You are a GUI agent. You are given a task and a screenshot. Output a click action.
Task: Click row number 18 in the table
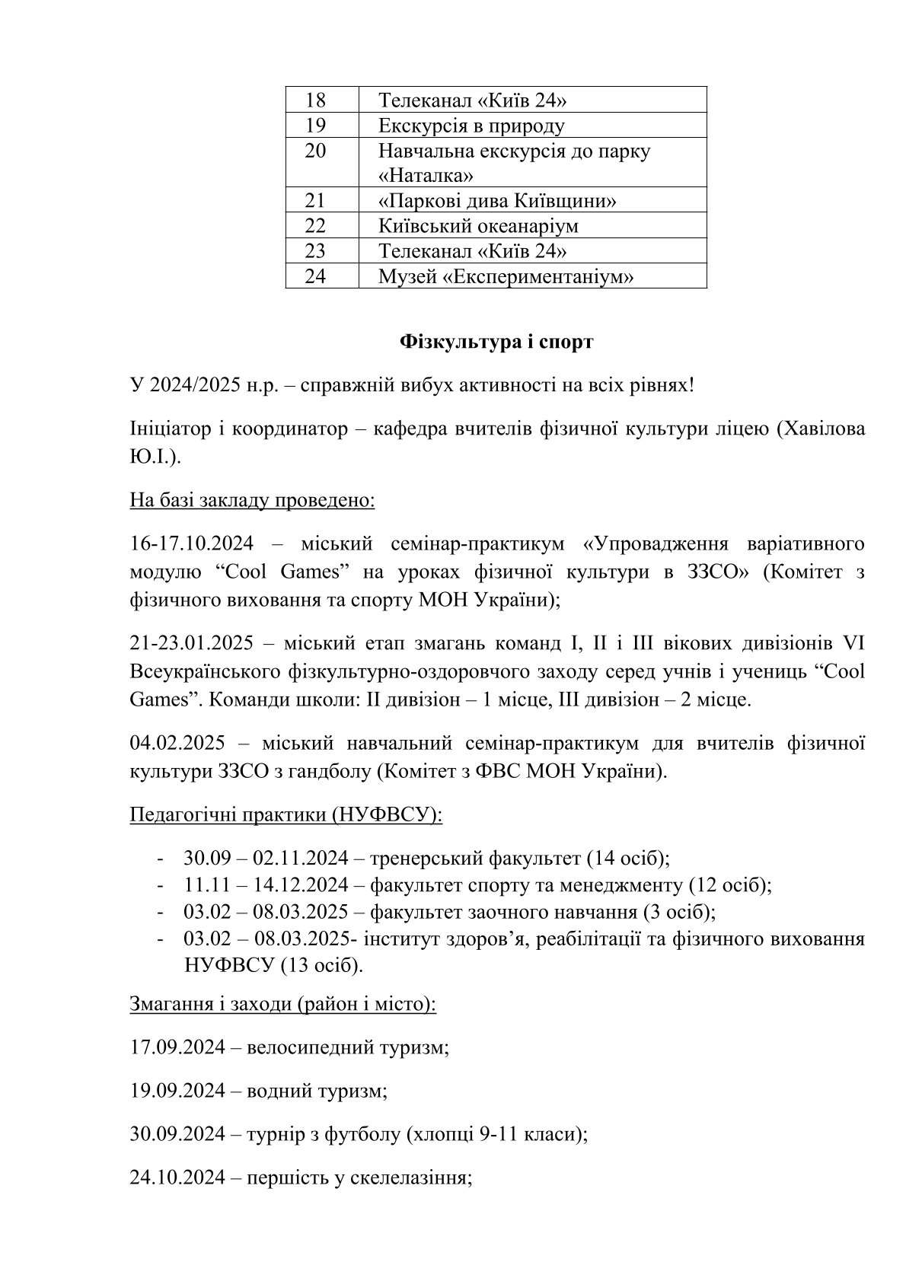point(315,100)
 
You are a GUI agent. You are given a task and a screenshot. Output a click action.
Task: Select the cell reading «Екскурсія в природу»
point(471,126)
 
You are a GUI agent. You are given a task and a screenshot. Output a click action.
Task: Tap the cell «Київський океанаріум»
point(478,226)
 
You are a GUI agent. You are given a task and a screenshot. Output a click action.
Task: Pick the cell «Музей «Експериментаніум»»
point(506,276)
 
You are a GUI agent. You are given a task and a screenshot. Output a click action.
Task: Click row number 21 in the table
point(315,201)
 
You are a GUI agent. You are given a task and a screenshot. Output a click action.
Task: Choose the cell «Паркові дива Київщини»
point(496,201)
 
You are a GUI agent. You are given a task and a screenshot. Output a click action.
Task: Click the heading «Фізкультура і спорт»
point(496,343)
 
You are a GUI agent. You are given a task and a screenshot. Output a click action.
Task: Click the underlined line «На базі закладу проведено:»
point(252,501)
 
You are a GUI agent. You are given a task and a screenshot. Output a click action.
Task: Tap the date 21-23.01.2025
point(191,643)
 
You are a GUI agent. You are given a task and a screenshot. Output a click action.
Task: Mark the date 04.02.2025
point(174,742)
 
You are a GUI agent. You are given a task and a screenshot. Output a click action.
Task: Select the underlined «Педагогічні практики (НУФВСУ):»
point(286,814)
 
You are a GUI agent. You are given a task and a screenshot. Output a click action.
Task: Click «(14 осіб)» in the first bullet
point(627,858)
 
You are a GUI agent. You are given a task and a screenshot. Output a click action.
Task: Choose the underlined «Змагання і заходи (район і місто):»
point(283,1003)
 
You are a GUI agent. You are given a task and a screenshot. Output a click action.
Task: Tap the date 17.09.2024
point(177,1047)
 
